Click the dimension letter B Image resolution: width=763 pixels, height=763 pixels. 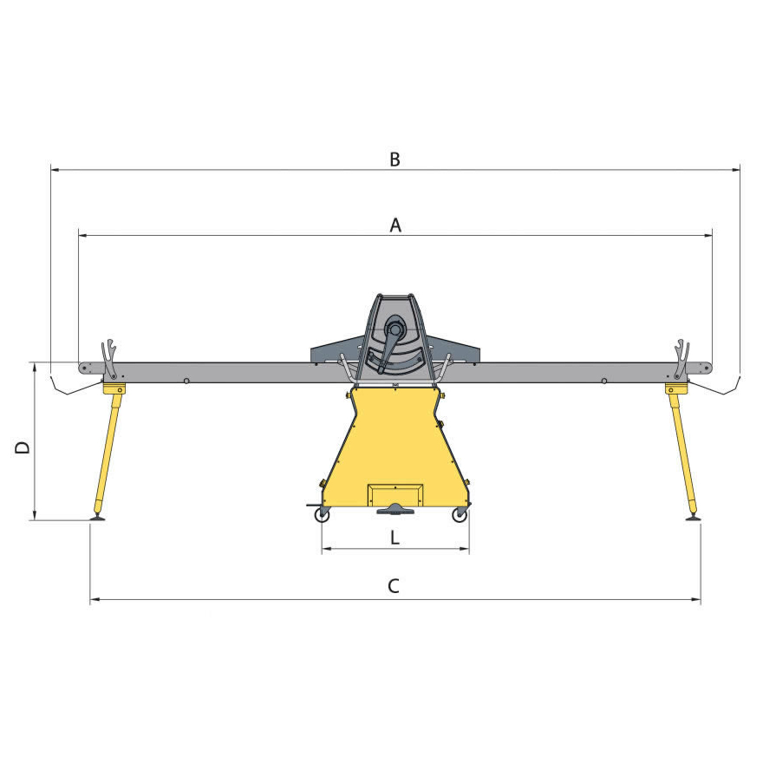pos(395,160)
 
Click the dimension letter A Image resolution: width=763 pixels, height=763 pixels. pos(395,225)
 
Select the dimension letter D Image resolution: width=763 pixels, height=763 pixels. pos(23,447)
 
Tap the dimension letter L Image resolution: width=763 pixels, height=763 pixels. pos(395,538)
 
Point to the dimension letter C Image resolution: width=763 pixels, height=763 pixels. pos(394,586)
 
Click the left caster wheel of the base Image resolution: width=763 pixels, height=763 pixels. pos(322,515)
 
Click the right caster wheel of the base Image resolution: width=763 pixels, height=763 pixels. pos(460,515)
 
